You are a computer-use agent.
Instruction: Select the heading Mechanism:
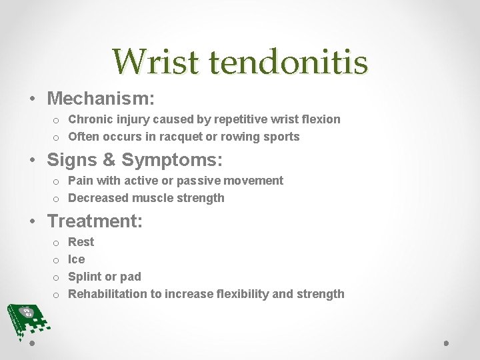point(101,99)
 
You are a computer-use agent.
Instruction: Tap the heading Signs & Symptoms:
point(134,161)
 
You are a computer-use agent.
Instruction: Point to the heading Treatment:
point(95,221)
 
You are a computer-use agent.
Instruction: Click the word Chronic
point(91,119)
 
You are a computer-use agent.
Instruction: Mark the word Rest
point(81,242)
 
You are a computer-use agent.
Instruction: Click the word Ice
point(77,259)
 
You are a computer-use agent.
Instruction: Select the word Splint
point(84,277)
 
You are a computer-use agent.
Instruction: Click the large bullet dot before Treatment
point(33,221)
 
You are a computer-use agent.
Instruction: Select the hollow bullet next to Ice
point(57,260)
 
